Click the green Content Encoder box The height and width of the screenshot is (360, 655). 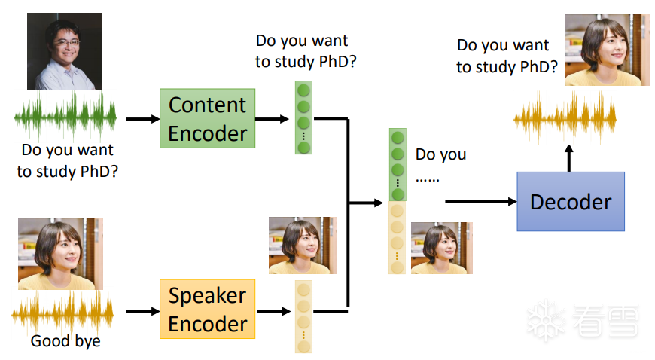pyautogui.click(x=207, y=118)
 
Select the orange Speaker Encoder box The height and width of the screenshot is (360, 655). pyautogui.click(x=207, y=309)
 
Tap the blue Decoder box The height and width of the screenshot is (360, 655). pyautogui.click(x=570, y=201)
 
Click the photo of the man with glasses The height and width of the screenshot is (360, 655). pyautogui.click(x=64, y=51)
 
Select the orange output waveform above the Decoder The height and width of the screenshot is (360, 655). pyautogui.click(x=565, y=119)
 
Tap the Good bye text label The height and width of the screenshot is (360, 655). pyautogui.click(x=65, y=341)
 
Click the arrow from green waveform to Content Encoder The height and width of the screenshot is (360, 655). pyautogui.click(x=140, y=118)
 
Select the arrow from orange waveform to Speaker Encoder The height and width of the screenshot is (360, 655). pyautogui.click(x=140, y=310)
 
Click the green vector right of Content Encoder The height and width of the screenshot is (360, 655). pyautogui.click(x=303, y=117)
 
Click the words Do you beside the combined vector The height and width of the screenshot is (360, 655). pyautogui.click(x=440, y=155)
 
